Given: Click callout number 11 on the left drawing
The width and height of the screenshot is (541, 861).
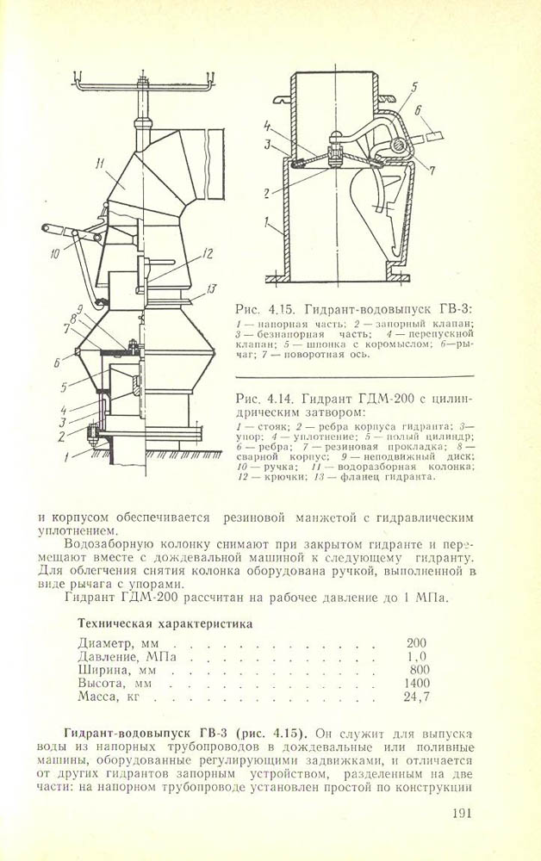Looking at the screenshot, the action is coord(102,164).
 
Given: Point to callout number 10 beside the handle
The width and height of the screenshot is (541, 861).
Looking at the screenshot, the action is coord(55,254).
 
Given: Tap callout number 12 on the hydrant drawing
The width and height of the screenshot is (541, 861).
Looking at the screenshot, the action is coord(206,254).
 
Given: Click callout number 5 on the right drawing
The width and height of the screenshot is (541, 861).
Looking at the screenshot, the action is coord(414,86).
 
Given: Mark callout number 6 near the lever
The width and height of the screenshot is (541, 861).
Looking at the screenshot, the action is coord(419,111).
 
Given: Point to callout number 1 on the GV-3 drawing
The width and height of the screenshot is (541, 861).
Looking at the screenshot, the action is coord(266,224).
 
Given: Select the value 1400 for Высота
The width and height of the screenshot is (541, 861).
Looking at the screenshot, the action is coord(417,684).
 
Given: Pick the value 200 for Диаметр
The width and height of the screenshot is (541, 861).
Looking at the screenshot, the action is coord(416,643).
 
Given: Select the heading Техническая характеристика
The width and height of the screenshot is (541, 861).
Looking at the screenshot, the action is coord(165,623).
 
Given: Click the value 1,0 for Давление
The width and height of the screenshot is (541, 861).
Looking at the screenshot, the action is coord(416,657).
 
